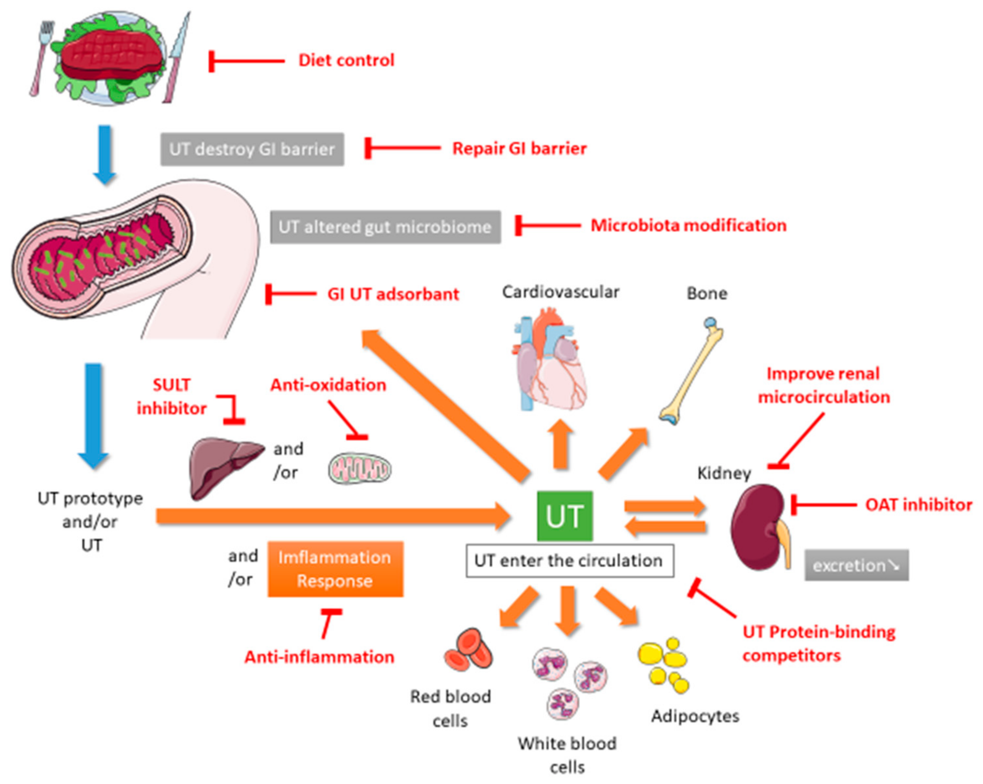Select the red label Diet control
[346, 60]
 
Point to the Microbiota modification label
[688, 225]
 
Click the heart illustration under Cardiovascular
[549, 360]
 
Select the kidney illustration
[757, 526]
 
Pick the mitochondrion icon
[360, 469]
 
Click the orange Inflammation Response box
[335, 569]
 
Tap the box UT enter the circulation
[569, 561]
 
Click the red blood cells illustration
[469, 650]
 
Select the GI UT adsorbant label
[393, 294]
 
